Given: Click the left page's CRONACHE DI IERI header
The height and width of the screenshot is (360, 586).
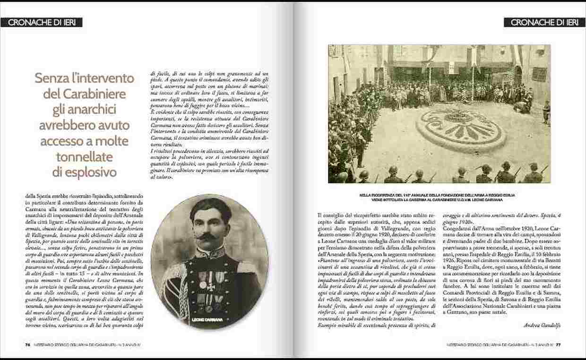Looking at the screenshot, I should click(42, 22).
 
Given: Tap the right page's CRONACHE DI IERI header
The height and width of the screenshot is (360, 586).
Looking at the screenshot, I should click(544, 22).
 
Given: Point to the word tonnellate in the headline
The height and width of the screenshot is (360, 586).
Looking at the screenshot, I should click(85, 157).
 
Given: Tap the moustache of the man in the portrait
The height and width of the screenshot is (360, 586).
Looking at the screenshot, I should click(207, 235).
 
